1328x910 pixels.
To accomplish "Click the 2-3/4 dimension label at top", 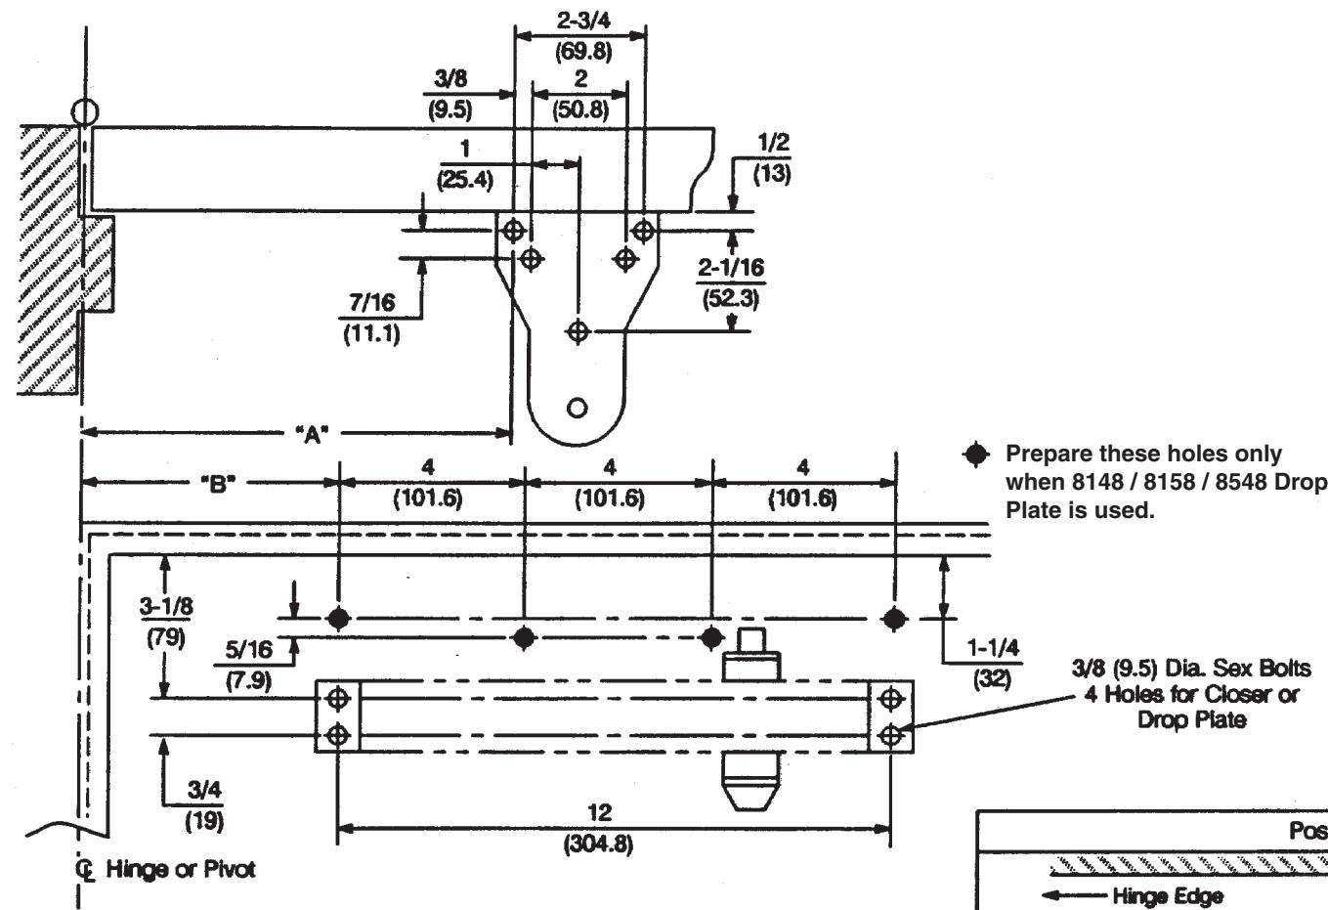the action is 582,21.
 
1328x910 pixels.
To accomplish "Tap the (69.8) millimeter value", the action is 582,52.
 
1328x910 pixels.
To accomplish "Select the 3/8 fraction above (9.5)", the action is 450,78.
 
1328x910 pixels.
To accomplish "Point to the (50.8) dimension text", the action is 580,109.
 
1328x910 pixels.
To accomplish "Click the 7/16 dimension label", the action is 371,303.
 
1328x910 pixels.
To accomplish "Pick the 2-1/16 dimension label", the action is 731,268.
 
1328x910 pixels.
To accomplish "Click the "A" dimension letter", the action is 312,435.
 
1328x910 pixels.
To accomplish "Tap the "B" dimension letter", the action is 218,485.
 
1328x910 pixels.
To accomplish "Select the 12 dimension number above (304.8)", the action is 599,812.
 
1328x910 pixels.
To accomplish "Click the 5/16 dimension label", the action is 249,650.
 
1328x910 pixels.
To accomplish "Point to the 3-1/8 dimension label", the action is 166,606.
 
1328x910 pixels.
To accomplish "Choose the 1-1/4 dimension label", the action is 993,647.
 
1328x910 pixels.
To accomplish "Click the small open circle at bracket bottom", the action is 577,408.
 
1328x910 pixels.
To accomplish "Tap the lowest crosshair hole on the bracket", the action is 578,330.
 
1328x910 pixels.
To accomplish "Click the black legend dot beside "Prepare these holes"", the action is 976,455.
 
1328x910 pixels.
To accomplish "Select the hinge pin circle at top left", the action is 85,111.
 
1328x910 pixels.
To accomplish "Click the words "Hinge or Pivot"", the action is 180,869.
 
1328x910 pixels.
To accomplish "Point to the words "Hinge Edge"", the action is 1168,895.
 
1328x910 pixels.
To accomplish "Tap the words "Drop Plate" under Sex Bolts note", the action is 1191,719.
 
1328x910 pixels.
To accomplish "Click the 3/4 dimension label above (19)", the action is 204,790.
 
